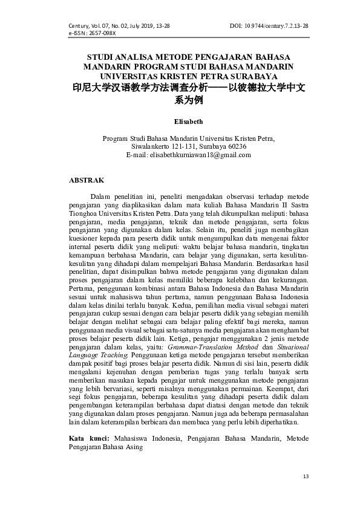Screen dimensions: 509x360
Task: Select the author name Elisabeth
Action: (188, 121)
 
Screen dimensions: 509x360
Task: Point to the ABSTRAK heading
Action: (87, 180)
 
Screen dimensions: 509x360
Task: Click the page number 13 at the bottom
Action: (306, 477)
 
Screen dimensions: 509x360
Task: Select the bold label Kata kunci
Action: (89, 438)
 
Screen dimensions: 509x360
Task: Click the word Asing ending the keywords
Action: (134, 446)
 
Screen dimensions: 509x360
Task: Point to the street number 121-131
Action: (186, 147)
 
